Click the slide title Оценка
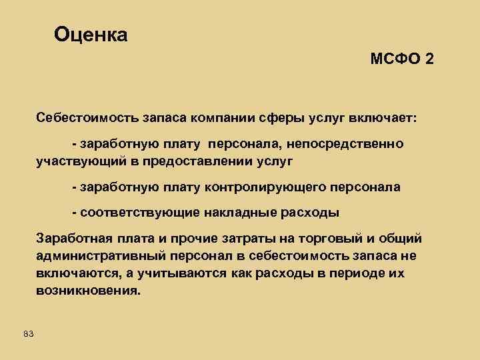(91, 34)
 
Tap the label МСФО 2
(402, 59)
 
